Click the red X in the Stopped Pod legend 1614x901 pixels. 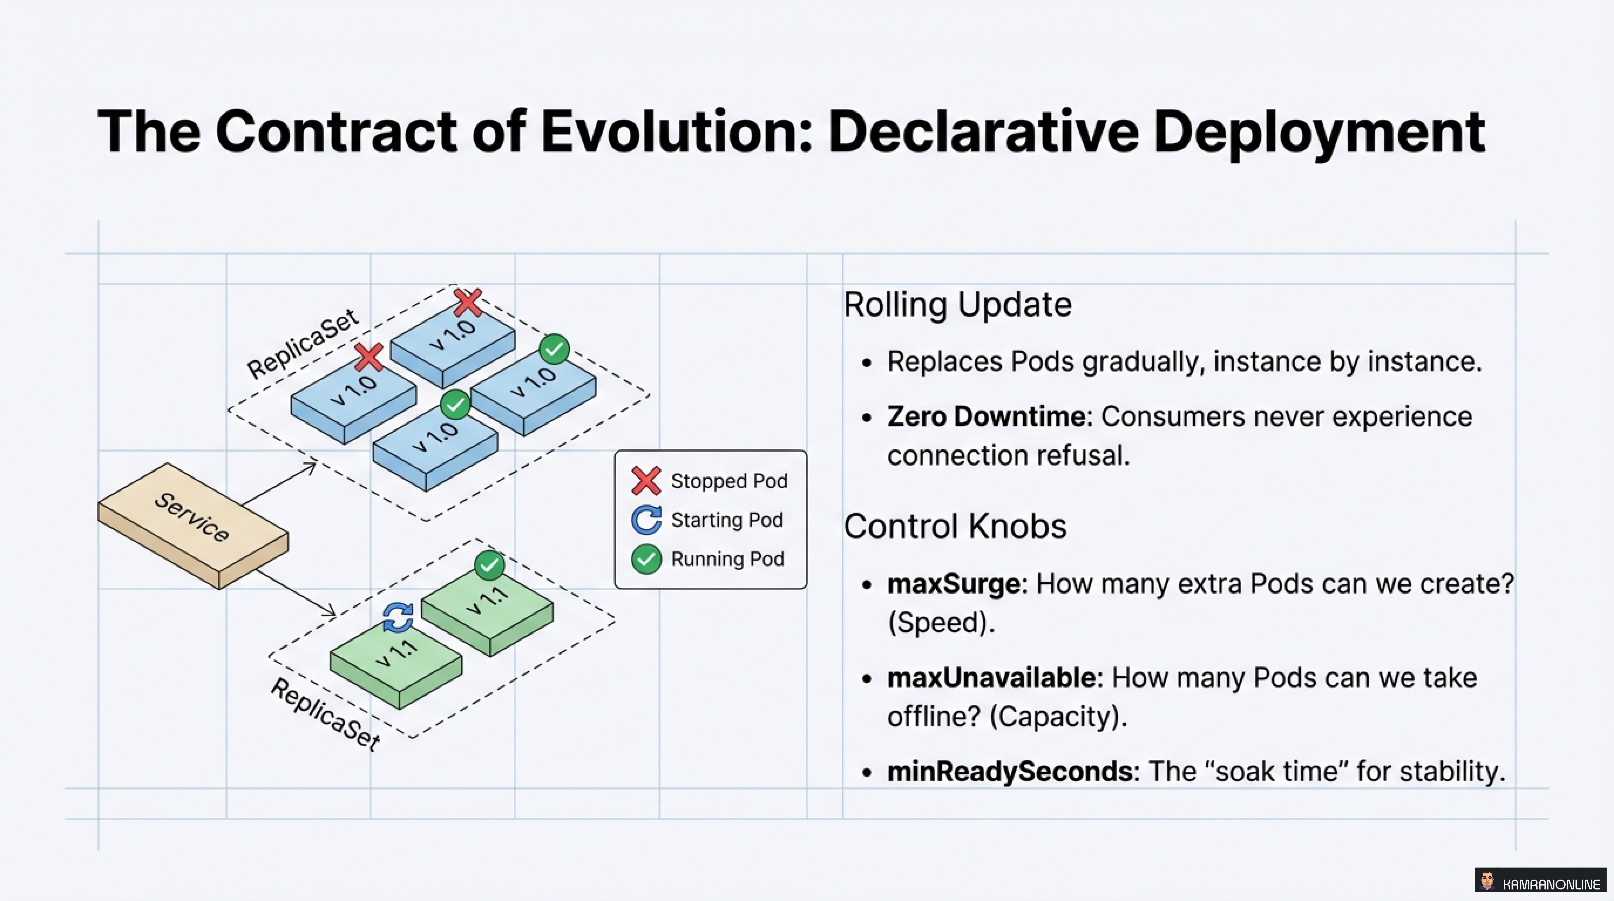coord(646,481)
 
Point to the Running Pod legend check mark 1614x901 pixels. coord(646,559)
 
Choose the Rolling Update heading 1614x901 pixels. coord(957,305)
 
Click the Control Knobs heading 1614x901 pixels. coord(954,526)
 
